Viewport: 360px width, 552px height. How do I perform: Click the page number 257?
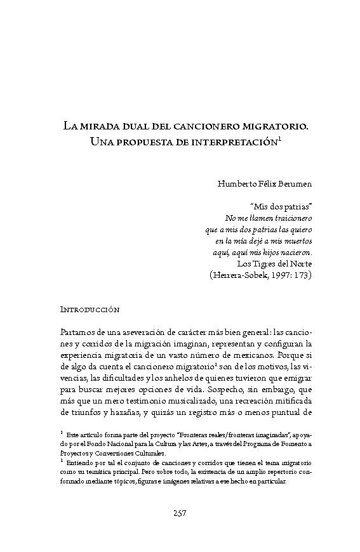click(x=180, y=513)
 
